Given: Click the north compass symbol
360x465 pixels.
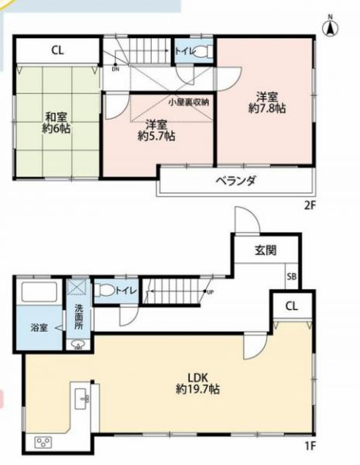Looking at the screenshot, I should (x=330, y=28).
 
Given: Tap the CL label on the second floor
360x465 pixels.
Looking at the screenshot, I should (x=57, y=51).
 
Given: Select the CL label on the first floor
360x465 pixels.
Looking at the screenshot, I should (x=290, y=305).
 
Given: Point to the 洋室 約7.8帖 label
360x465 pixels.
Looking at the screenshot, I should (x=266, y=104).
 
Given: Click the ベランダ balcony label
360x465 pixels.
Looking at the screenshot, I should (x=236, y=180).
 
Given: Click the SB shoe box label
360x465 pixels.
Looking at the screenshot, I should (x=291, y=276).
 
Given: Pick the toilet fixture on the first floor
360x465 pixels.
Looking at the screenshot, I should (x=105, y=291).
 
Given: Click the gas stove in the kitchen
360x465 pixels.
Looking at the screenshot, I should (x=43, y=443).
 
